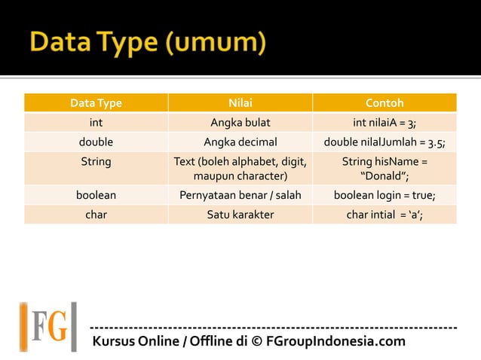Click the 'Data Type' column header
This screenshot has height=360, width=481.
(96, 102)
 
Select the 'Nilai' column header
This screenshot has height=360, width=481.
(240, 102)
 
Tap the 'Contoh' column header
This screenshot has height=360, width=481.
(384, 102)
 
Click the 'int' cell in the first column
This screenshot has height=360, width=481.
(96, 122)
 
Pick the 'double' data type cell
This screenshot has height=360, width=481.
(96, 142)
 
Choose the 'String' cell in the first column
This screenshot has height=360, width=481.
(96, 161)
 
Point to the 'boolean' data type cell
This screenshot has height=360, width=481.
(96, 195)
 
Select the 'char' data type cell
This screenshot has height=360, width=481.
(96, 215)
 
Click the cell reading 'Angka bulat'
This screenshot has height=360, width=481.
(240, 122)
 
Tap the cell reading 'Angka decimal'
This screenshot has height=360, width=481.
(240, 142)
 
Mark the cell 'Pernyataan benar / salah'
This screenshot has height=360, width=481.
(240, 195)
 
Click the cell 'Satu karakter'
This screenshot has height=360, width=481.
(240, 215)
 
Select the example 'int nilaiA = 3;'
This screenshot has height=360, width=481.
(384, 122)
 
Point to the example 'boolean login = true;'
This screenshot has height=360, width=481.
(384, 195)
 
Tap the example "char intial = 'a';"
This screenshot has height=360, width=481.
(384, 215)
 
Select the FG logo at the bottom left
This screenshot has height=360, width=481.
(48, 326)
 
